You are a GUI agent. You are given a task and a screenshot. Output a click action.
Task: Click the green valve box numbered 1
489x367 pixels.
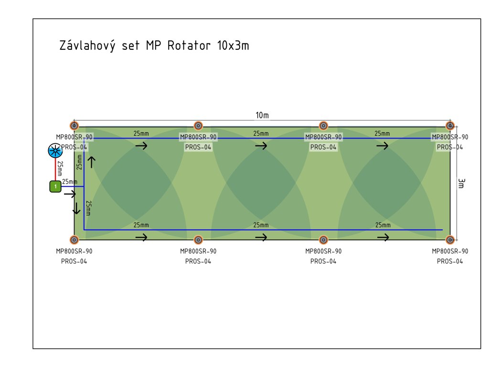click(55, 186)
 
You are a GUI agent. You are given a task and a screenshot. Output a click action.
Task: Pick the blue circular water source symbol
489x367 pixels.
click(55, 151)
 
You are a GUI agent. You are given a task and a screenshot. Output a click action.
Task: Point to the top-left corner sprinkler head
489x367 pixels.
click(74, 126)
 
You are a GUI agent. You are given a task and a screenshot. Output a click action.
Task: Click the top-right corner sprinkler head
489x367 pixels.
click(450, 126)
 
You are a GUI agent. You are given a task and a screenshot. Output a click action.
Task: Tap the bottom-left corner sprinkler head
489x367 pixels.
click(74, 239)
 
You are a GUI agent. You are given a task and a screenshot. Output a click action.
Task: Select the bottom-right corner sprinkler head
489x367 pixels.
click(449, 239)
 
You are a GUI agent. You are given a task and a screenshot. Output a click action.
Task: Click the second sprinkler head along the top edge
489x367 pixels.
click(198, 126)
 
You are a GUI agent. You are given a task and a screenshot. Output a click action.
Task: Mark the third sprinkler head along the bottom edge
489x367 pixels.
click(323, 239)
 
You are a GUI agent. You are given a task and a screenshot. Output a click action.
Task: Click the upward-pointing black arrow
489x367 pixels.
click(91, 162)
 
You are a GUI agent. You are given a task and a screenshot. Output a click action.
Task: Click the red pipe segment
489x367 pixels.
click(55, 170)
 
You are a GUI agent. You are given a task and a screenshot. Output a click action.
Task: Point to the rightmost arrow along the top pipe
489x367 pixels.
click(382, 146)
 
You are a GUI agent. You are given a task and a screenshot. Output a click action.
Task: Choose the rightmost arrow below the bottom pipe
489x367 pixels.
click(383, 237)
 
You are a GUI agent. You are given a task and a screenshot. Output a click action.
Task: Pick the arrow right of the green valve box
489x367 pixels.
click(70, 194)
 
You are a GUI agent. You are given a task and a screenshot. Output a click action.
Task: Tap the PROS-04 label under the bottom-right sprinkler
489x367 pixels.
click(450, 261)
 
